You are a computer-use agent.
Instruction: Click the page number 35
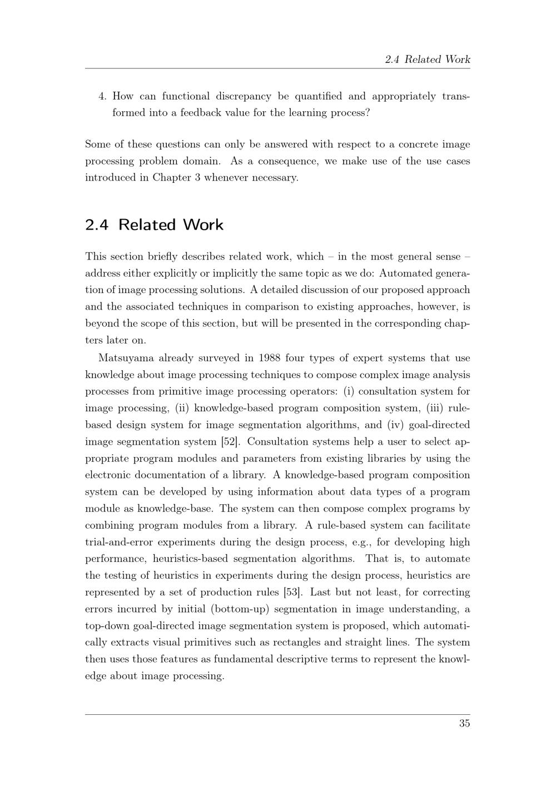(x=464, y=723)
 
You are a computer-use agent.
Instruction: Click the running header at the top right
(x=428, y=59)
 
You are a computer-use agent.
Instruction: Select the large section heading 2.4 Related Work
(x=154, y=225)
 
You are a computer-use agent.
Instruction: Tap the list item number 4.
(x=102, y=96)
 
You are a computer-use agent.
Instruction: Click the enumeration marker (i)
(x=349, y=391)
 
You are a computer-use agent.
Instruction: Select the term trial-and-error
(x=120, y=542)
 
